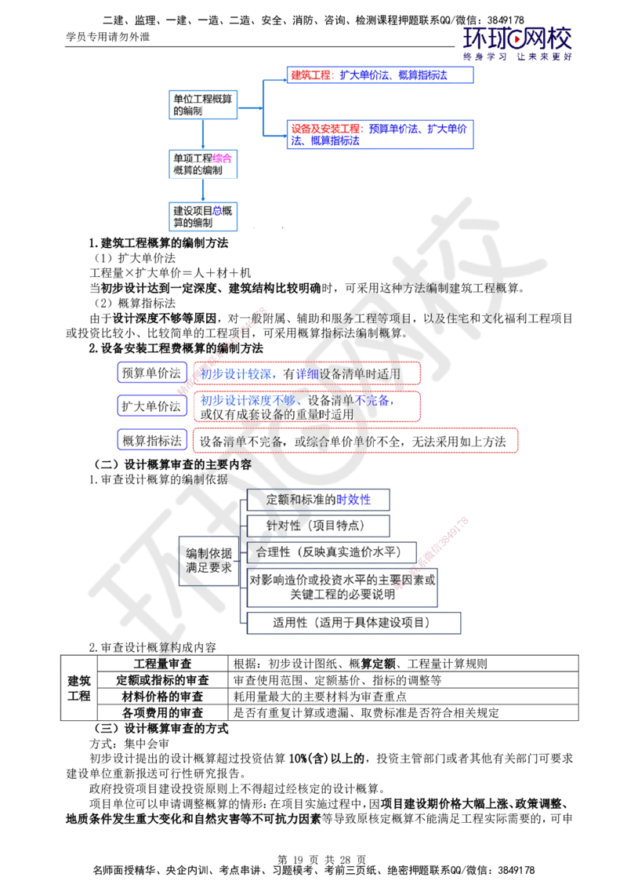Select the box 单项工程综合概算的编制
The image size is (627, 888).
pos(201,164)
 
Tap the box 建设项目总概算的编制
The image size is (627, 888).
pos(201,217)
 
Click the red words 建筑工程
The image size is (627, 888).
pos(310,75)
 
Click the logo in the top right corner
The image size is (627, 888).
pos(518,43)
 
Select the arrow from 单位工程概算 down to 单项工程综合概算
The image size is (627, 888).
pos(202,134)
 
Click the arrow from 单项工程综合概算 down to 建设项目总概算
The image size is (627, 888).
pos(202,191)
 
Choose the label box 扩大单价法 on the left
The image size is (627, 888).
pos(152,406)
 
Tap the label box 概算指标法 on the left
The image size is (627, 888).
pos(152,441)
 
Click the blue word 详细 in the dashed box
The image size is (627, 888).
pos(307,374)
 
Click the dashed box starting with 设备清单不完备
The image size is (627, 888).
pos(356,442)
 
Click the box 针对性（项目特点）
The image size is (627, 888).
pos(317,525)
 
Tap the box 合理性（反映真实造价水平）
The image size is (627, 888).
pos(332,551)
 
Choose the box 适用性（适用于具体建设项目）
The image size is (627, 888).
pos(353,622)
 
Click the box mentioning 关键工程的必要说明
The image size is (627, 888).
pos(342,588)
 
